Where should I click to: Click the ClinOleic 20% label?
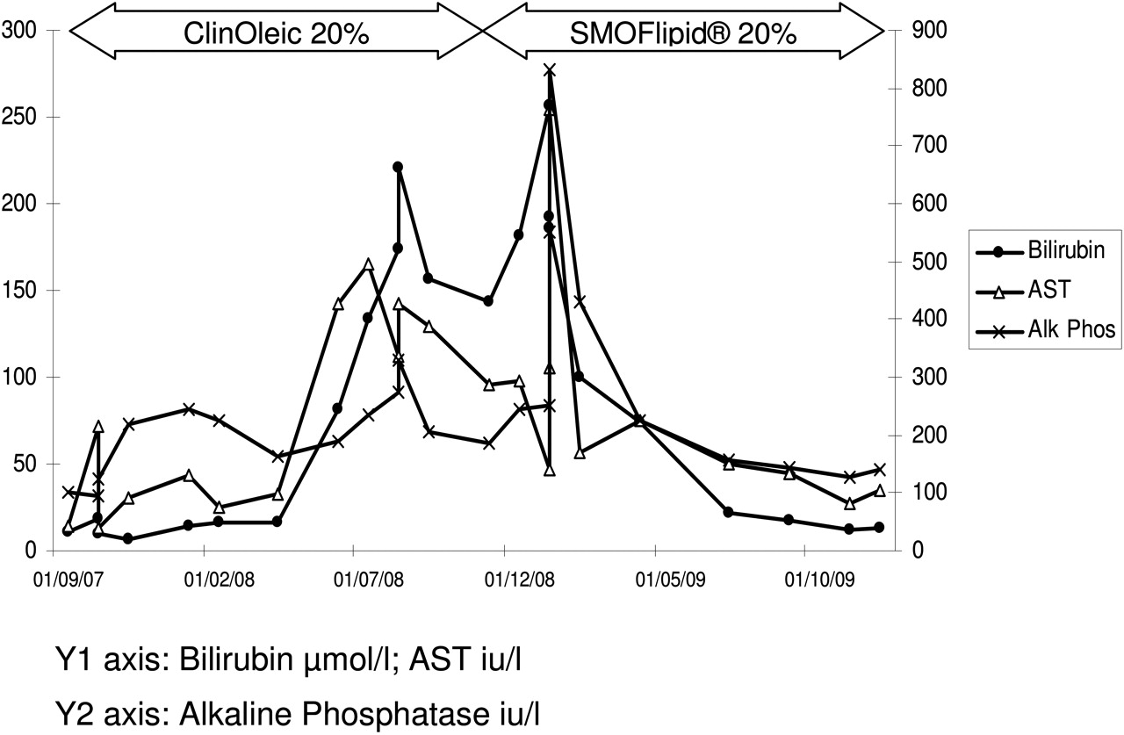point(276,33)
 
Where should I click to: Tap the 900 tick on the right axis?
point(918,32)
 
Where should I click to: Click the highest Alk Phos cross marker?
point(550,70)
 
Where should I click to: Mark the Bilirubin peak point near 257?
point(549,104)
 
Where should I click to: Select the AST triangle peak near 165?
point(369,264)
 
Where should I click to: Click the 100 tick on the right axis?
point(918,494)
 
